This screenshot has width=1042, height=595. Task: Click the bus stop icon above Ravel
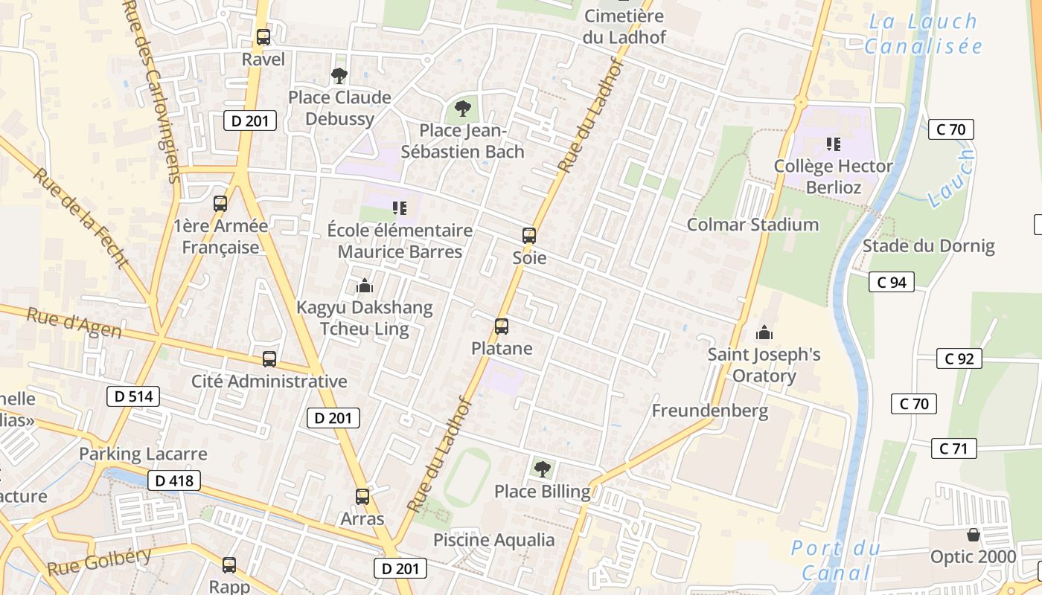click(263, 36)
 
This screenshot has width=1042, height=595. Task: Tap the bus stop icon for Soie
click(529, 236)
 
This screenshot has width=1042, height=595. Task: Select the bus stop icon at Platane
click(502, 326)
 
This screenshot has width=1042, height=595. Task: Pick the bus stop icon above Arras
click(362, 496)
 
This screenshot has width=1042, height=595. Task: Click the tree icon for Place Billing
click(543, 469)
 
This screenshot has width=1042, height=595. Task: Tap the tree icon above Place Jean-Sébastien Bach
click(463, 109)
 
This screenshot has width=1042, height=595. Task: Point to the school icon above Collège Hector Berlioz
click(833, 144)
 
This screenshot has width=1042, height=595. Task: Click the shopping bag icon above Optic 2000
click(973, 535)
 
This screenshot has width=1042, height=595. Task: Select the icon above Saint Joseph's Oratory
click(764, 332)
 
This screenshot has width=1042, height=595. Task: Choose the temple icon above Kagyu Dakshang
click(365, 285)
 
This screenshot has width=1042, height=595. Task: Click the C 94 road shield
click(891, 282)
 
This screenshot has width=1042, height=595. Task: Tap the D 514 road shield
click(134, 396)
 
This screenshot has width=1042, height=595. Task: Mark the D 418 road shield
click(175, 480)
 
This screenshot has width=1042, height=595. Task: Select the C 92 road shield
click(959, 358)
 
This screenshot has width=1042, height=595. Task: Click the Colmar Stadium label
click(752, 225)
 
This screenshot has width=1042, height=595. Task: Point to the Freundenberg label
click(710, 411)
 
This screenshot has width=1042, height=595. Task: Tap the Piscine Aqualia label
click(494, 540)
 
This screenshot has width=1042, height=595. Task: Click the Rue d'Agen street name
click(74, 324)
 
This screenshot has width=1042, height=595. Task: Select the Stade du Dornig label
click(928, 246)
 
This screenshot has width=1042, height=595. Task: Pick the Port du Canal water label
click(835, 561)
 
